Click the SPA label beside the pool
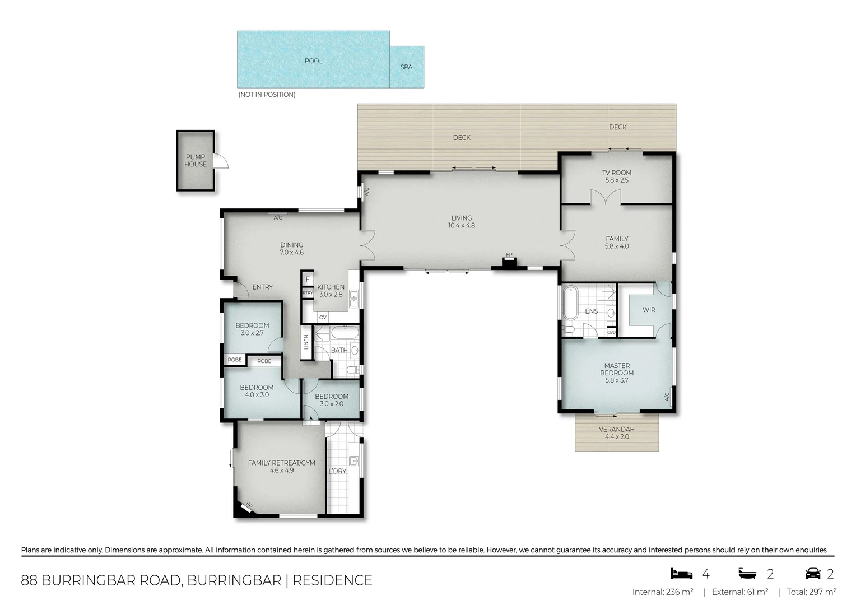[406, 67]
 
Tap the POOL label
[313, 61]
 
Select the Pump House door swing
[221, 160]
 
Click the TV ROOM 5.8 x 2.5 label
[616, 176]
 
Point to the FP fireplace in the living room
[509, 262]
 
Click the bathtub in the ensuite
[570, 302]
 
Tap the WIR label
[649, 310]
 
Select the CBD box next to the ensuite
[611, 332]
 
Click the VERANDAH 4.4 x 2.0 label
[616, 433]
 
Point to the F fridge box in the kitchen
[307, 279]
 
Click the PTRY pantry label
[307, 293]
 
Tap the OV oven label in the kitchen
[323, 318]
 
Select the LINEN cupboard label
[306, 342]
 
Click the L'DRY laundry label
[337, 471]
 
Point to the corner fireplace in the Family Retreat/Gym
[246, 506]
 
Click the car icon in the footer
[812, 574]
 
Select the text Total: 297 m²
[811, 592]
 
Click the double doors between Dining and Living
[366, 245]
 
